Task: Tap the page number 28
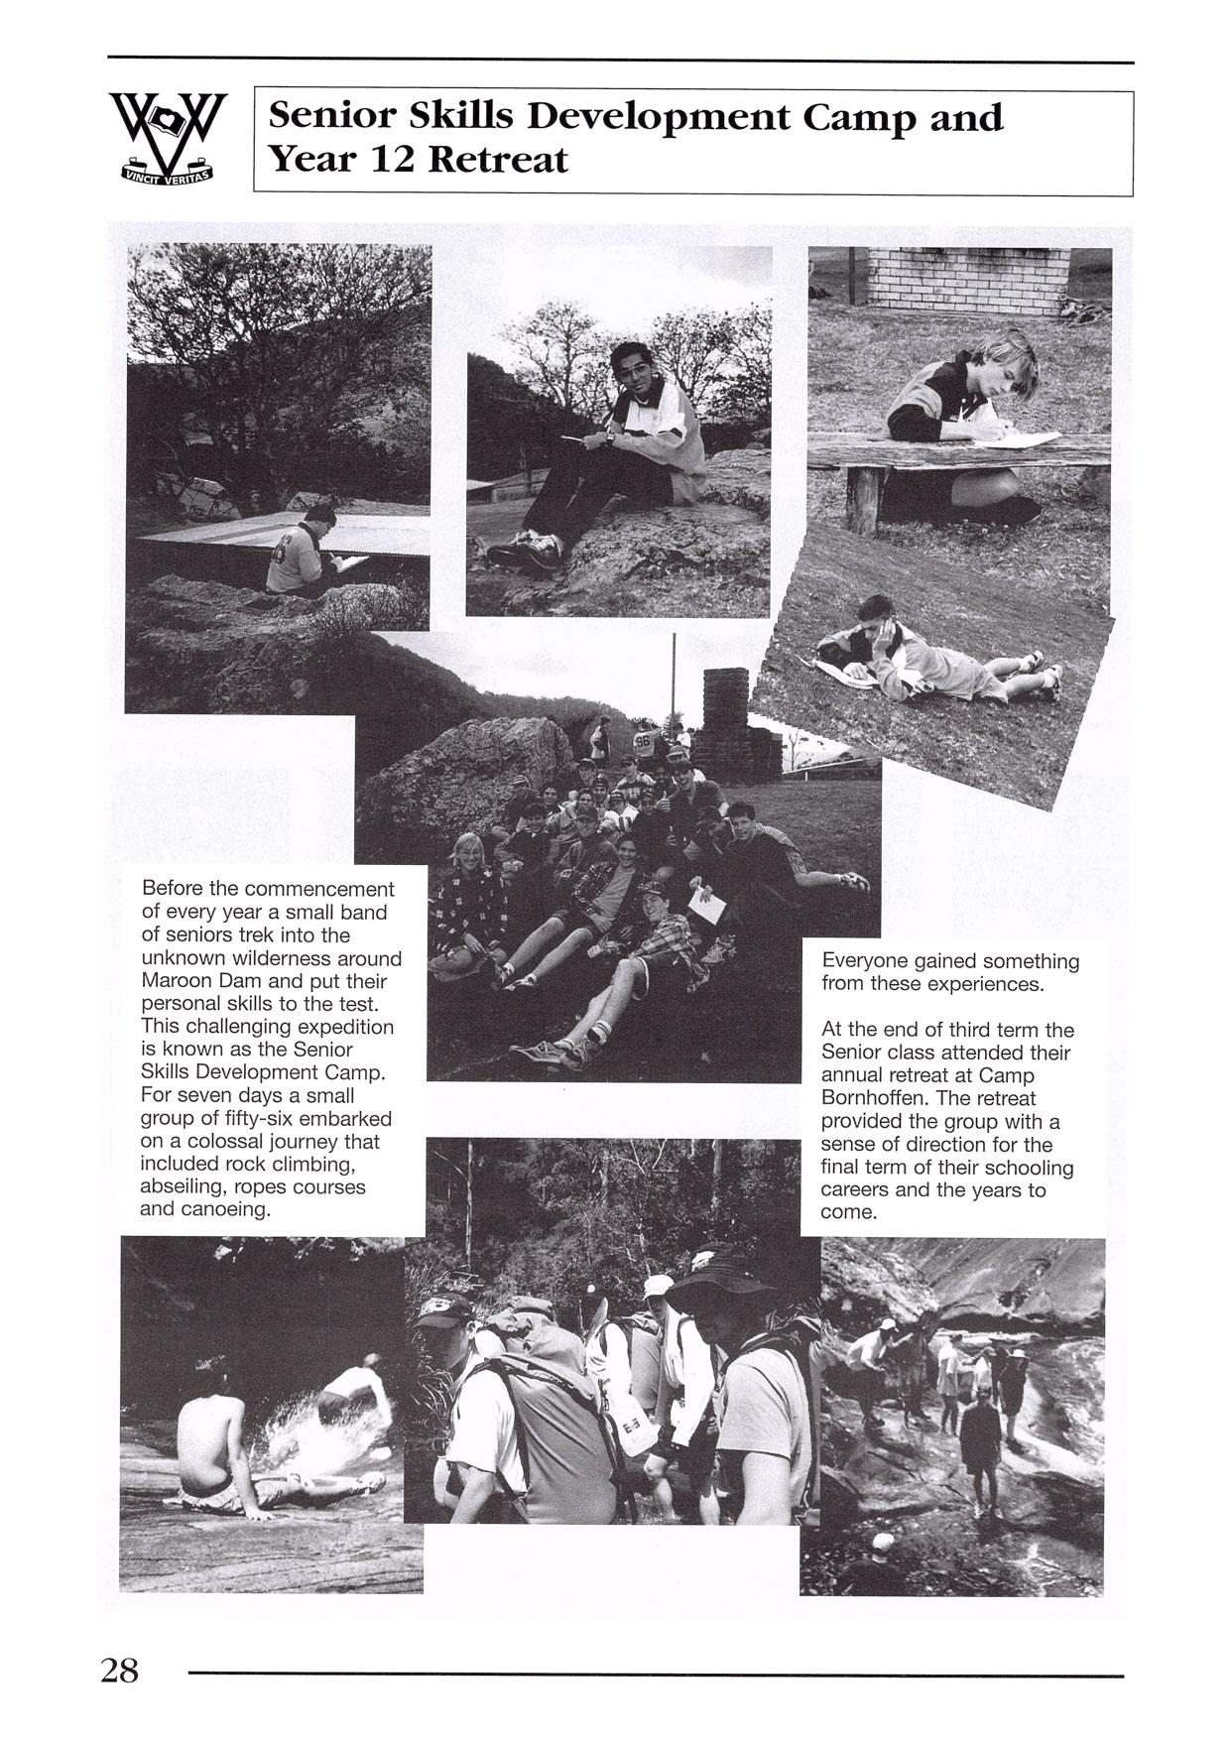(x=120, y=1671)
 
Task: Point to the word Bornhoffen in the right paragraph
(x=868, y=1098)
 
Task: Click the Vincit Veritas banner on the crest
(x=167, y=176)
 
